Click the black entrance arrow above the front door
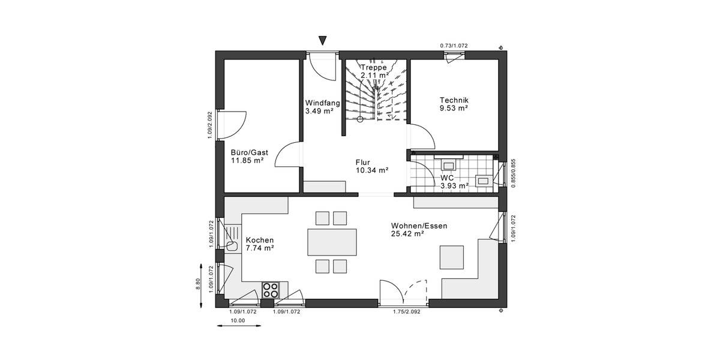(323, 41)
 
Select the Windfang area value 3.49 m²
(319, 111)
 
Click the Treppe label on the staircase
(373, 67)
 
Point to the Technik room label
(454, 100)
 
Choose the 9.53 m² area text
(454, 109)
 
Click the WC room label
(447, 178)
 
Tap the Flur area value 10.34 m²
(371, 170)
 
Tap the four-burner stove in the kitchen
(271, 290)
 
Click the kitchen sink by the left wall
(233, 245)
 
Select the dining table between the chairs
(332, 242)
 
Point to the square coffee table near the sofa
(452, 257)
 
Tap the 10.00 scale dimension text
(238, 320)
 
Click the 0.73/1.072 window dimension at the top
(453, 46)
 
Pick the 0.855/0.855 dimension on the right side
(513, 173)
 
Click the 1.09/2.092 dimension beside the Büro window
(210, 125)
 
